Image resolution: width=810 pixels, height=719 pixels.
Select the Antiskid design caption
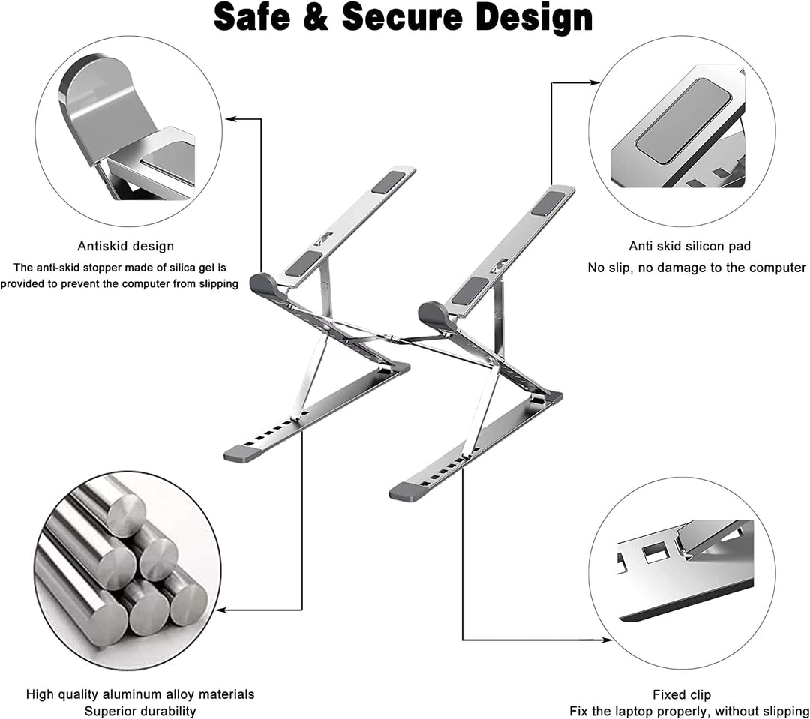[x=126, y=246]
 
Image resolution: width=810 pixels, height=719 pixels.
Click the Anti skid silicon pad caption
[x=689, y=246]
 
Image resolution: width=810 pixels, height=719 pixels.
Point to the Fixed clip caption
[x=681, y=694]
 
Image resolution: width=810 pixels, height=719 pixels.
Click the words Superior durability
[x=140, y=711]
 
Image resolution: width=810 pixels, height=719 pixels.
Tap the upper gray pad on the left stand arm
[x=387, y=181]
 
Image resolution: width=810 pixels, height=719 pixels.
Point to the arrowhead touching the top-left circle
[x=229, y=118]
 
